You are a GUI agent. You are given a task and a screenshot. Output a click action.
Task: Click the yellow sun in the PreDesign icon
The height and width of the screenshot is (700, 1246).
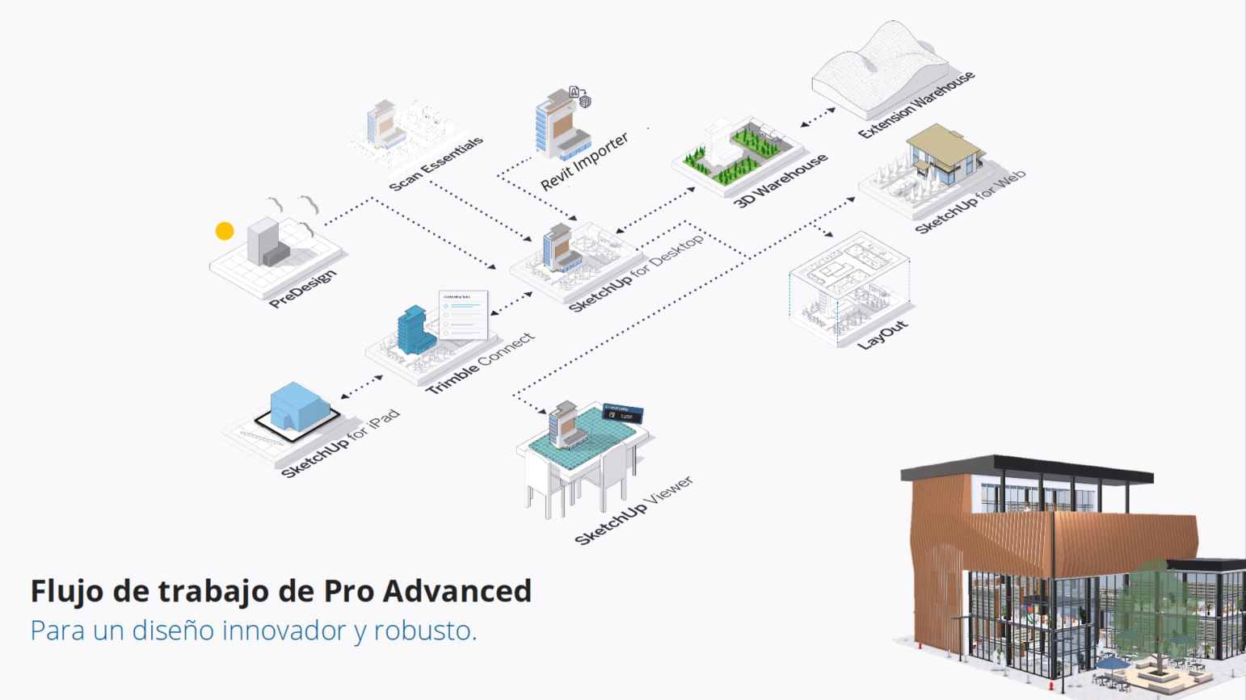coord(225,231)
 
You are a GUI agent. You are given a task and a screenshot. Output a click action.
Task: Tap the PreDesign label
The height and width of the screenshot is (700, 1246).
coord(302,289)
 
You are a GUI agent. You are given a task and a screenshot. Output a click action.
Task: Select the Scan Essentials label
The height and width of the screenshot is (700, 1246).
coord(436,164)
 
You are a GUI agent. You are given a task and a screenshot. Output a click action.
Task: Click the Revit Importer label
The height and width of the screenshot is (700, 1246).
coord(584,161)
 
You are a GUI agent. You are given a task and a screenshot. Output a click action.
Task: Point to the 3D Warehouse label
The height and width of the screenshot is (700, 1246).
coord(781,180)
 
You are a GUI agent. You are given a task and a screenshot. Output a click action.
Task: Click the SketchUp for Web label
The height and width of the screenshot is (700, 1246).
coord(970,202)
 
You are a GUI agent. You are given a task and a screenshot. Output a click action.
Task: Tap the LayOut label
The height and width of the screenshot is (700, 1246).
coord(882,334)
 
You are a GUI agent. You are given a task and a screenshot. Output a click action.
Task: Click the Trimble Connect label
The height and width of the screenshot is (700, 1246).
coord(480,363)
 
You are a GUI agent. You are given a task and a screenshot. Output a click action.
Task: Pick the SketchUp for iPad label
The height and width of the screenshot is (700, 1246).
coord(339,443)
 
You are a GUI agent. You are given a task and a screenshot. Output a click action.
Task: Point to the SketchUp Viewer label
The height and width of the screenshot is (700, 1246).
coord(634,510)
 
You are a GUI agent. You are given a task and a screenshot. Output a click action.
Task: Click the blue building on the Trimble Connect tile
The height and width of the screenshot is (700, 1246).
coord(415,331)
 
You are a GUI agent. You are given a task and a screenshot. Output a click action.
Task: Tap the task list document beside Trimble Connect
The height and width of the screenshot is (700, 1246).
coord(464,313)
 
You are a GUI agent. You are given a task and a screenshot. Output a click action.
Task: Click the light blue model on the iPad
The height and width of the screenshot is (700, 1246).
coord(298,406)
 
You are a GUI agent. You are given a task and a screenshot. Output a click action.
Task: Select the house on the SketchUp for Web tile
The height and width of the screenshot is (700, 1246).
coord(944,153)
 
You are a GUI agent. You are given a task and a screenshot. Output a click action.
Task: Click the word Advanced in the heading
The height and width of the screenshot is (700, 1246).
coord(457,591)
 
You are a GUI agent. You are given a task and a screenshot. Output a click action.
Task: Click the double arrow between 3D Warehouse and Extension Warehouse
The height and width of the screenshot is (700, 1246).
coord(818,117)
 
